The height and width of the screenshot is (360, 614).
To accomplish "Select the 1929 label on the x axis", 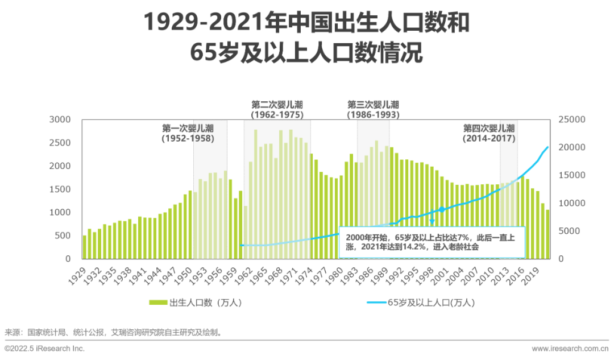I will tap(80, 275).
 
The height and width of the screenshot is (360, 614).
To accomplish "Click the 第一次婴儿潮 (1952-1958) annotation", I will tap(188, 133).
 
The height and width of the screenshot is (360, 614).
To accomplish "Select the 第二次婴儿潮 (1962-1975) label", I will tap(277, 110).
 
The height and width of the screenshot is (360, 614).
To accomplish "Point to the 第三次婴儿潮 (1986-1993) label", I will tap(373, 110).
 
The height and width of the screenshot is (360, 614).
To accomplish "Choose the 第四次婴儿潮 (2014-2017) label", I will tap(489, 133).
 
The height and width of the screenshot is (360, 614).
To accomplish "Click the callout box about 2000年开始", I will tap(432, 243).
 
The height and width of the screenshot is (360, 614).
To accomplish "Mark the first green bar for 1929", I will tap(85, 247).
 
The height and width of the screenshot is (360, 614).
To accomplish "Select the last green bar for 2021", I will tap(547, 234).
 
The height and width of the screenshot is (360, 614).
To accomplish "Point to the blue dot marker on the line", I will tap(442, 210).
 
